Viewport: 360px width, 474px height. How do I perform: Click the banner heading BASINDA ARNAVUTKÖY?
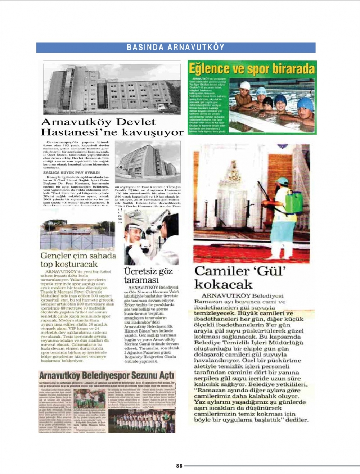click(176, 48)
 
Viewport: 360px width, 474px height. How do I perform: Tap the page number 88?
click(179, 466)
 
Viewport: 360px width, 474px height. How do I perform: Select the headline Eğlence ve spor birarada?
click(252, 68)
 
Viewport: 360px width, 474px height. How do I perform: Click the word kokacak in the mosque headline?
click(224, 284)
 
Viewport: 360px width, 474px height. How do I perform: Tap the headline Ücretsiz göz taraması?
click(148, 275)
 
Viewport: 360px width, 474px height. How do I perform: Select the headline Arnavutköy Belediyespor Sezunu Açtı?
click(107, 376)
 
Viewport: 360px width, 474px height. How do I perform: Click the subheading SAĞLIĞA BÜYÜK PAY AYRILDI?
click(71, 173)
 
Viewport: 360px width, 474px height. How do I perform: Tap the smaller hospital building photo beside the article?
click(148, 162)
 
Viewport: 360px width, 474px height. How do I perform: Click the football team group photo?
click(142, 420)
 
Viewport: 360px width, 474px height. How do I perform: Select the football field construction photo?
click(77, 235)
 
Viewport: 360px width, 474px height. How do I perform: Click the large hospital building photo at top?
click(112, 89)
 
